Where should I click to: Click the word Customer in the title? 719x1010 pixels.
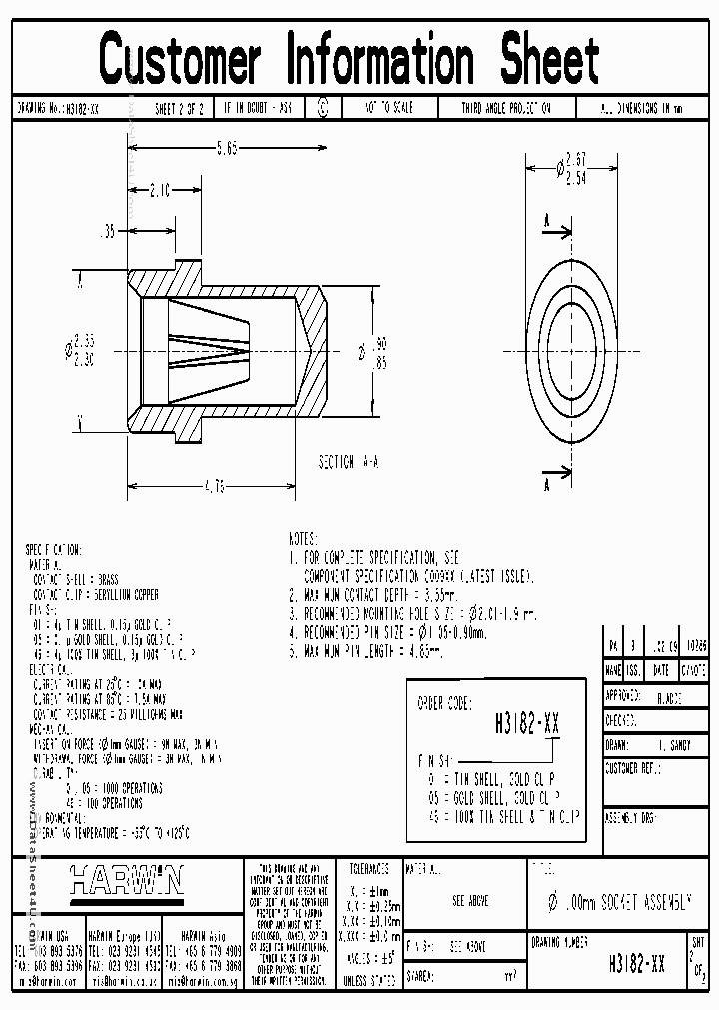click(181, 60)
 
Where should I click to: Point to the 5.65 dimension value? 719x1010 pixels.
click(227, 149)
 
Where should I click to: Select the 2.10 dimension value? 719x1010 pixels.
click(160, 187)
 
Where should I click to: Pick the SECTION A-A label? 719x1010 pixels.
click(348, 462)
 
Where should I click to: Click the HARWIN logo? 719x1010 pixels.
click(127, 880)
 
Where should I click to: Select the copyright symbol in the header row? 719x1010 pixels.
click(322, 108)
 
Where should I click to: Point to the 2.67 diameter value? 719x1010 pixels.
click(574, 159)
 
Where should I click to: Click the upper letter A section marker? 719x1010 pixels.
click(546, 219)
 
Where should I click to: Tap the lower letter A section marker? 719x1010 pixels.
click(546, 485)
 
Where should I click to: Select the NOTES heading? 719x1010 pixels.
click(303, 537)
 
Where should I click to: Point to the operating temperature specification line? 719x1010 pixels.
click(110, 831)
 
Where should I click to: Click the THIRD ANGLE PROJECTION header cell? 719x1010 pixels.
click(505, 108)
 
